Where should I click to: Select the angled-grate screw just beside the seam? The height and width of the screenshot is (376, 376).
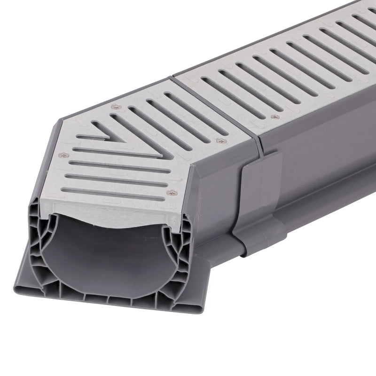pos(219,140)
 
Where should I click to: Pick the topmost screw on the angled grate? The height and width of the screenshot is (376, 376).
pos(114,108)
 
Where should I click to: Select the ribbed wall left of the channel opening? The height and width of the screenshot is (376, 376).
pos(40,235)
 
